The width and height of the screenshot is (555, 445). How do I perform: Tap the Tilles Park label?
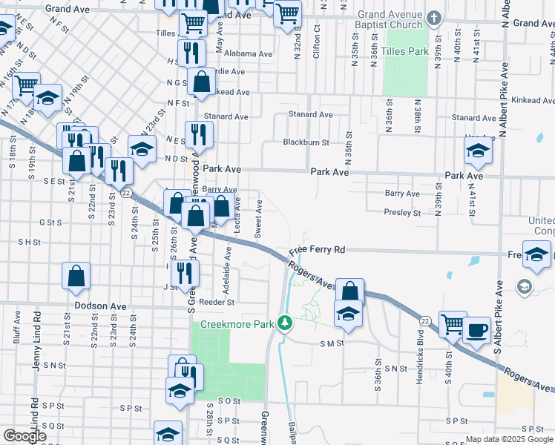(407, 52)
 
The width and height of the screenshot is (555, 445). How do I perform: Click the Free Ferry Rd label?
(318, 251)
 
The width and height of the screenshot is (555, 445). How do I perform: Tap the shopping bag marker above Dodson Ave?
(76, 277)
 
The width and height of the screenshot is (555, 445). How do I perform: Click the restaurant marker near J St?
(185, 272)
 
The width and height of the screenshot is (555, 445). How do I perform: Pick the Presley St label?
(402, 213)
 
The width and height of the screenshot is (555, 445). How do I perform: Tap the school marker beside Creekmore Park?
(347, 314)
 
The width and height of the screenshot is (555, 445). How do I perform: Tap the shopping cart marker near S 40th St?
(453, 323)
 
